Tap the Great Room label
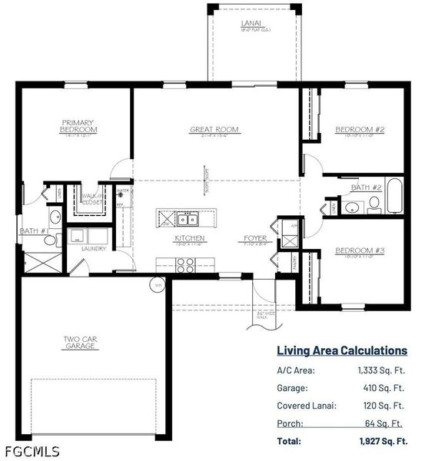214,130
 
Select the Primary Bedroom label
78,125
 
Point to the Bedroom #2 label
354,130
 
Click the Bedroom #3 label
354,250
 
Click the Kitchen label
188,239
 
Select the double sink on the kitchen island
187,218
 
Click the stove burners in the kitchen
186,265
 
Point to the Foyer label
256,239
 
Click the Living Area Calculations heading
342,350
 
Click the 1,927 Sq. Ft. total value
382,441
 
